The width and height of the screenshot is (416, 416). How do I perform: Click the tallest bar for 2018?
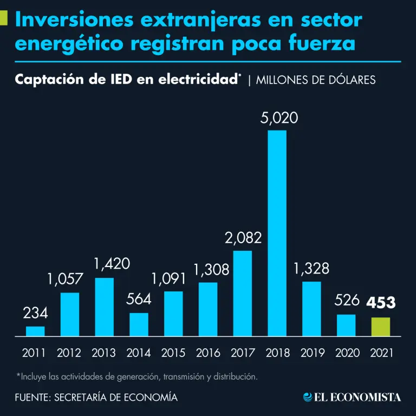[277, 233]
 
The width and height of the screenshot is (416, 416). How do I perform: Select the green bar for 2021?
[380, 327]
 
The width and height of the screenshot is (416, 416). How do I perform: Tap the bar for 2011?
[35, 331]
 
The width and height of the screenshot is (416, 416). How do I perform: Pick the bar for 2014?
[139, 324]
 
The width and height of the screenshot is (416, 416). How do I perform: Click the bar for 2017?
[242, 293]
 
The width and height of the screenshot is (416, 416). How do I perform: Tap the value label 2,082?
[242, 237]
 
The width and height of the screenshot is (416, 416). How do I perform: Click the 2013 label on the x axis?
[104, 353]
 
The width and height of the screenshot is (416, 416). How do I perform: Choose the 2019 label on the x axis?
[311, 353]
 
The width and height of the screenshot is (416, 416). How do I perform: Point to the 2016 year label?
[207, 353]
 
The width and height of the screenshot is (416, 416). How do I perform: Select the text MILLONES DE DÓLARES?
[316, 80]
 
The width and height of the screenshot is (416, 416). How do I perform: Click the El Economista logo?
[352, 397]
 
